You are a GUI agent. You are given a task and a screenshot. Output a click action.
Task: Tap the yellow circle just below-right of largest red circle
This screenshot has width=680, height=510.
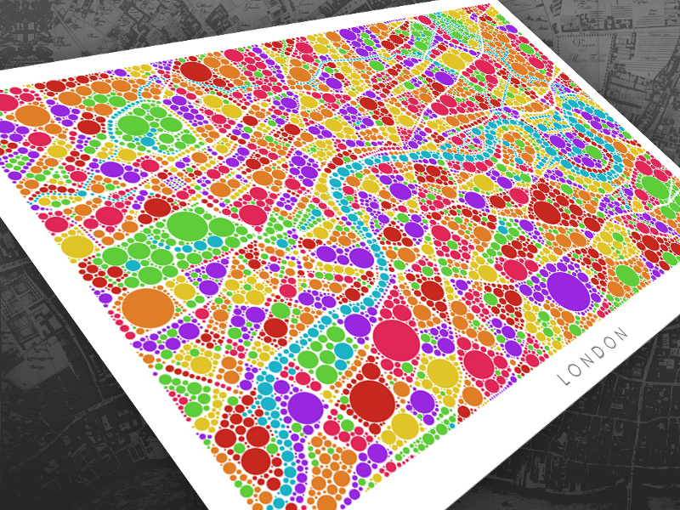[x=405, y=425]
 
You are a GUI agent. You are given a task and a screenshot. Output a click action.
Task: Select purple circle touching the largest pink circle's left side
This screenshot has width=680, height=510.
[x=359, y=326]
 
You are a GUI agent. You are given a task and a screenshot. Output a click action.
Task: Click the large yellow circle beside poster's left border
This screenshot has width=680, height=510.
[x=77, y=247]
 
